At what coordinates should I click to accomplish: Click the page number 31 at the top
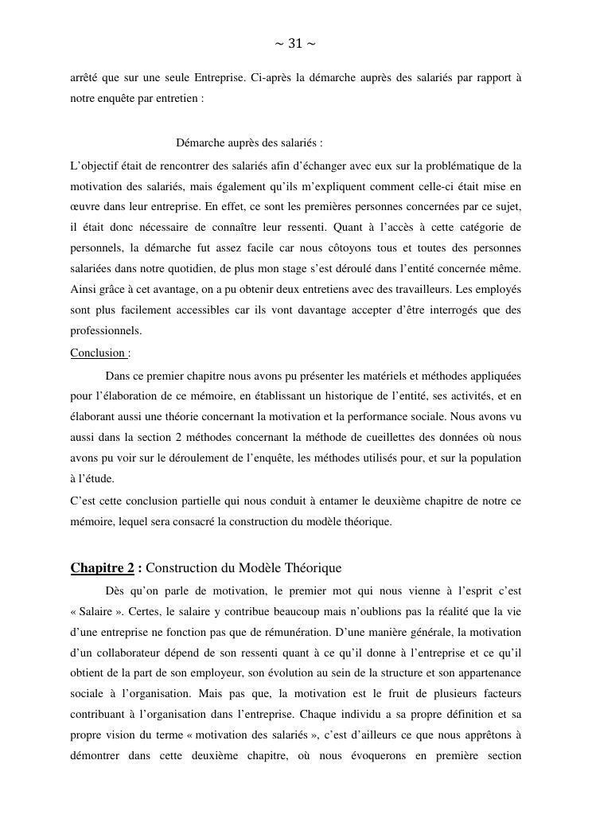pyautogui.click(x=295, y=44)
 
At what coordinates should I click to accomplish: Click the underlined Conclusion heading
pyautogui.click(x=98, y=353)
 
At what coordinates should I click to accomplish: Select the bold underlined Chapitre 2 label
pyautogui.click(x=102, y=568)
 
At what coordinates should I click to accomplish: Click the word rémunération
pyautogui.click(x=398, y=632)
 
